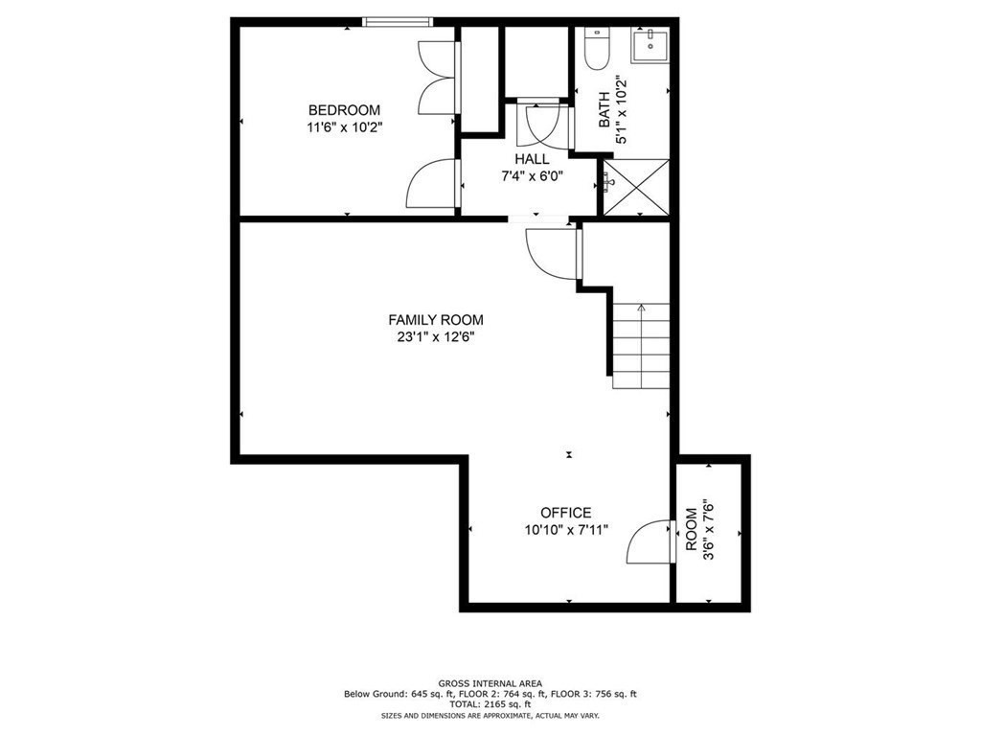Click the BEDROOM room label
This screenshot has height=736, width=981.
343,110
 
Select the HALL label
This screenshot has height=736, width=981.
532,159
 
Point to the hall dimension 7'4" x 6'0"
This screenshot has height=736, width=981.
532,175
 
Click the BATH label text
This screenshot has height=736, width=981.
605,110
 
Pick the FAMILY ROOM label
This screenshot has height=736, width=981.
435,320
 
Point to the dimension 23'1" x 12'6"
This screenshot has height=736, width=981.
435,336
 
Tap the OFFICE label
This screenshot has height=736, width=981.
565,513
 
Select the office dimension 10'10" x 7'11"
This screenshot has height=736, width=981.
565,529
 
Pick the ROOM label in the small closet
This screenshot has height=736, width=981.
692,530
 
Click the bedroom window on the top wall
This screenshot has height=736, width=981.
398,21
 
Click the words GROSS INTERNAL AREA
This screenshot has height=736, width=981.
490,682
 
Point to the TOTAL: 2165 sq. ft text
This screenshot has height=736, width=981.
490,704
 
